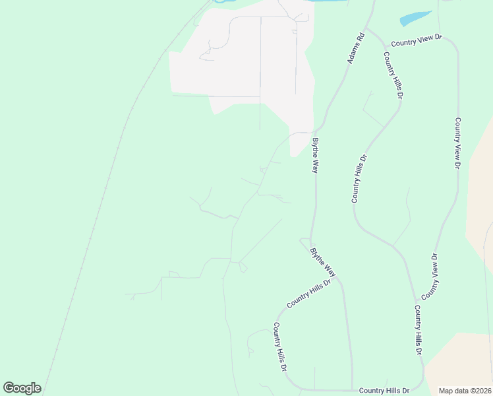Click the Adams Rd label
pos(356,49)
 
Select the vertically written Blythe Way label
pos(316,155)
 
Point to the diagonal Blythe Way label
pos(323,261)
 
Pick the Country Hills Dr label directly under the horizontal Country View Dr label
pos(393,75)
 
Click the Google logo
pos(22,388)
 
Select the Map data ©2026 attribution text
pos(465,391)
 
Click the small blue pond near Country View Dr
pos(415,19)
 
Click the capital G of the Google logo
pos(9,388)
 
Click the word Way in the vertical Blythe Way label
pos(316,165)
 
